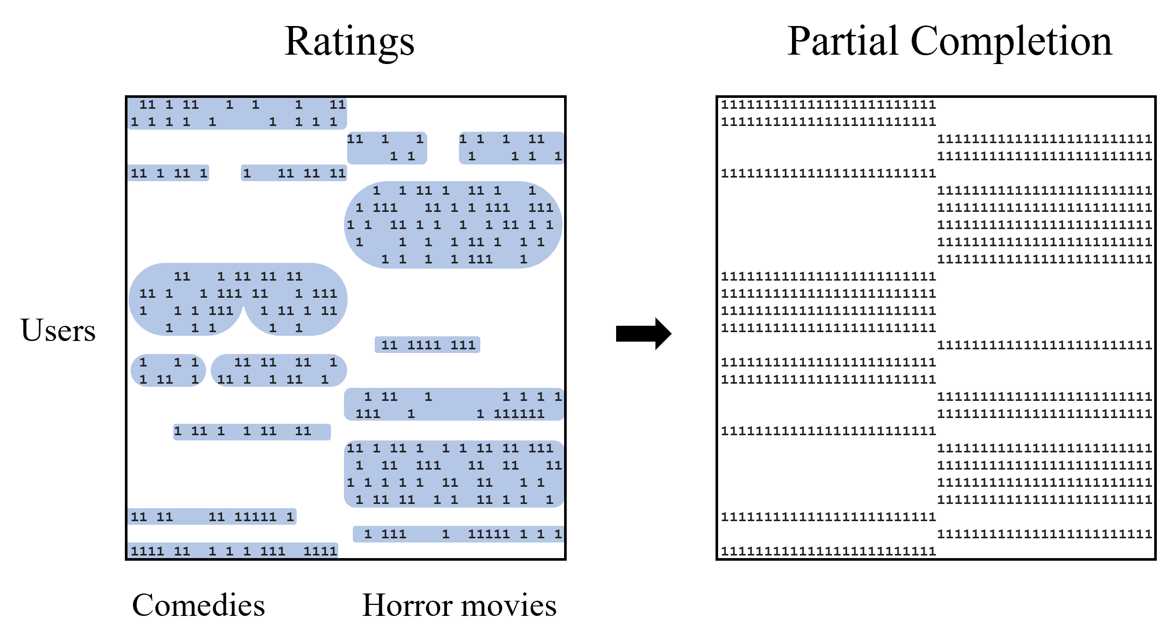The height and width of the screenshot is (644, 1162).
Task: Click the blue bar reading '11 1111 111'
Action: [x=427, y=345]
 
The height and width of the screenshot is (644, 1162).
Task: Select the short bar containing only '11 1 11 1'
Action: [x=168, y=173]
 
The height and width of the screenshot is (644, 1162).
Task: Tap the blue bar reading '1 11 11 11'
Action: [x=294, y=173]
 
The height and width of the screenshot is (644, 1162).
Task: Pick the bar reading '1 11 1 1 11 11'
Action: [x=252, y=432]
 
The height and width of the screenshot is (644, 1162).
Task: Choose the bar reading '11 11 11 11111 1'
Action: [x=212, y=516]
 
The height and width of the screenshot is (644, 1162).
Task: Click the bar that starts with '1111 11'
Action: [x=233, y=550]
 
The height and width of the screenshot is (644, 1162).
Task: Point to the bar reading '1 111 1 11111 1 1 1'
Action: [x=458, y=534]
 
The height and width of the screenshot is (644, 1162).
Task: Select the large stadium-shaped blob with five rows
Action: [x=453, y=225]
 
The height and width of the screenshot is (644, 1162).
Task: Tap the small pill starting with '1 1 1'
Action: [x=168, y=371]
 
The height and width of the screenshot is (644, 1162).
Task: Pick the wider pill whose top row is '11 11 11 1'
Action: [x=279, y=371]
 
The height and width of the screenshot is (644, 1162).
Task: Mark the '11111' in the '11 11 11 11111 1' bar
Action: [x=255, y=517]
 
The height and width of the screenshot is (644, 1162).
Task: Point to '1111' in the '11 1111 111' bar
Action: [x=424, y=345]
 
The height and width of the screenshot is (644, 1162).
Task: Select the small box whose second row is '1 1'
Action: [x=387, y=148]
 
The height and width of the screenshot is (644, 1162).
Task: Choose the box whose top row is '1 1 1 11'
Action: [x=511, y=148]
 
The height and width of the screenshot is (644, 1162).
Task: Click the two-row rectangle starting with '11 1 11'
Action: [x=237, y=113]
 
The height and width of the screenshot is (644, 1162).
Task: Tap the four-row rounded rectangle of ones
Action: [x=454, y=474]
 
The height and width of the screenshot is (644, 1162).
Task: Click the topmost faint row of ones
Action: [x=828, y=105]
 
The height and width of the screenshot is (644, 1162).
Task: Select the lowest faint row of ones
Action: [x=828, y=551]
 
